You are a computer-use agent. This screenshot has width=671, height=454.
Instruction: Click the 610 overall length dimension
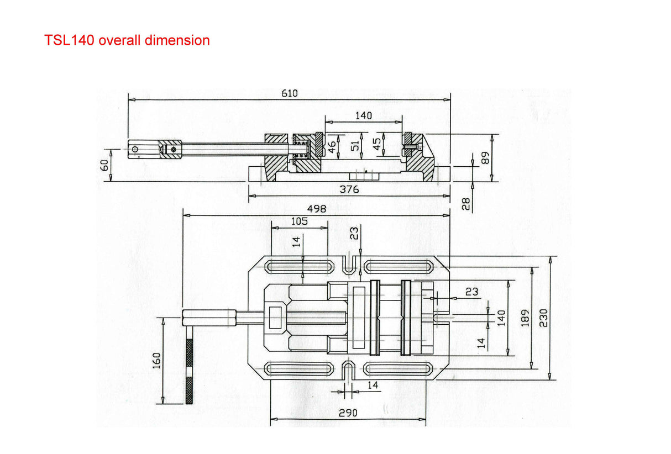[x=289, y=93]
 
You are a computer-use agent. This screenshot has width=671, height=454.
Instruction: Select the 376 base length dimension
[x=349, y=189]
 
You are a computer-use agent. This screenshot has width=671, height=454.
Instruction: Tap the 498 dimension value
[x=317, y=209]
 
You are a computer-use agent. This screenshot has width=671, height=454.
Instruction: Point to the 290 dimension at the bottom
[x=348, y=413]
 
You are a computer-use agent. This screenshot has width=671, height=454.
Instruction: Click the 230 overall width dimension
[x=544, y=318]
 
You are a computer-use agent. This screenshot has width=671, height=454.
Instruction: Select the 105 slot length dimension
[x=299, y=221]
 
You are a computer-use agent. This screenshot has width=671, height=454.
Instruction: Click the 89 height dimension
[x=485, y=158]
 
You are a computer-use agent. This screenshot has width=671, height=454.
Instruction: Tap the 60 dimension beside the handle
[x=105, y=165]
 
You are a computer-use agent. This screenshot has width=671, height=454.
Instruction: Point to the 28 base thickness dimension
[x=465, y=204]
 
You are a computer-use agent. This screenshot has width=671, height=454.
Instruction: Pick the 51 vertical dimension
[x=355, y=145]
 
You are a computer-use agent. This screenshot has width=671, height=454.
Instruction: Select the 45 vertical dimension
[x=377, y=145]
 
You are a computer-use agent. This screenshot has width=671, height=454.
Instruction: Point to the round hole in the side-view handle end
[x=135, y=148]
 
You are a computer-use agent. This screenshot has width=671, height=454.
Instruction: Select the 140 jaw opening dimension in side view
[x=363, y=115]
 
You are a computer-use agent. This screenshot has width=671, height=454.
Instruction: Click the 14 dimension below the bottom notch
[x=373, y=386]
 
